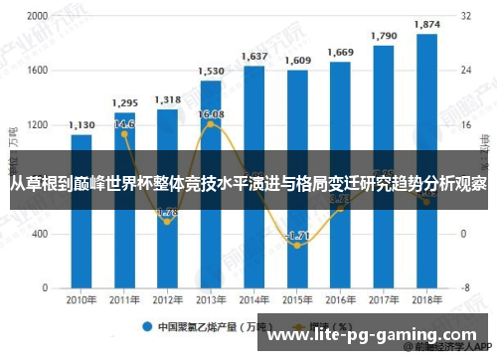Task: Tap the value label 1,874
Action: point(426,24)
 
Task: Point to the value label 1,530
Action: point(210,71)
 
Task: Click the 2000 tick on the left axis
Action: point(36,17)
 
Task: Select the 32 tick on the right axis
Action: point(465,17)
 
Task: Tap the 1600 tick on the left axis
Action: point(36,71)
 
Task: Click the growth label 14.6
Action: point(124,124)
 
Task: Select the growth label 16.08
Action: point(211,114)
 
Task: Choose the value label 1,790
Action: point(383,36)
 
